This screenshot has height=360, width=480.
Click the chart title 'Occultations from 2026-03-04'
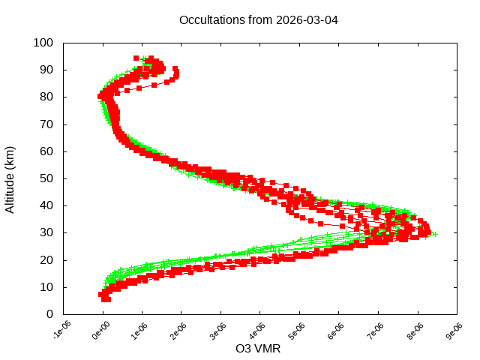point(259,19)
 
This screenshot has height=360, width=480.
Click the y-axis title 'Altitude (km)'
point(10,178)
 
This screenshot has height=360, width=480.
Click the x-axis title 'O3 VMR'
point(259,349)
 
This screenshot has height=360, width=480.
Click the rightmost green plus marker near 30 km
point(434,234)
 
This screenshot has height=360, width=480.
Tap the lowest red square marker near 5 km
point(106,298)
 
